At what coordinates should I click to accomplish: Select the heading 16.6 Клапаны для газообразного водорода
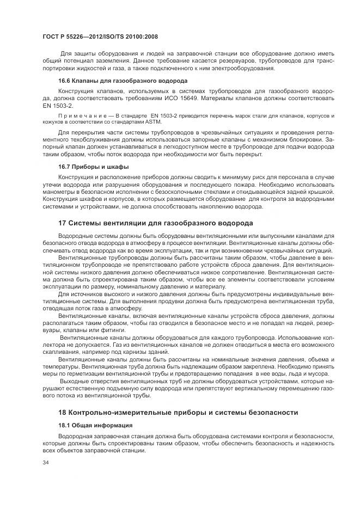[100, 81]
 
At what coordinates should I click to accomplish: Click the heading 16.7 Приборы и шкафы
[86, 166]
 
